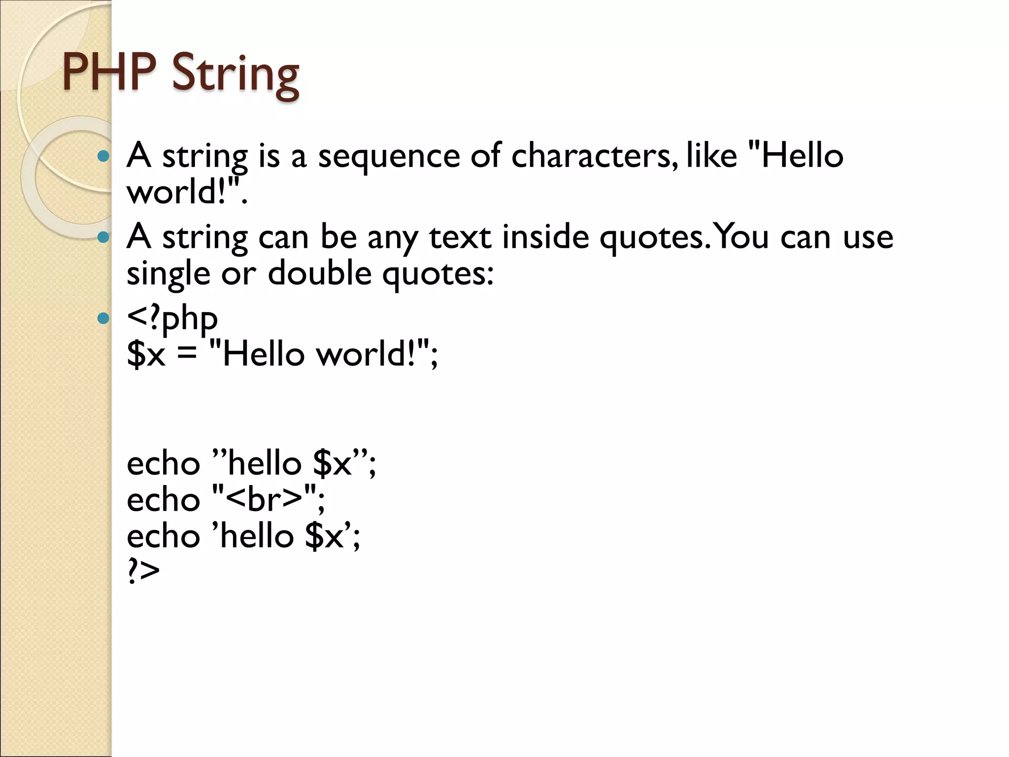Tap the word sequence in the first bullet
[x=389, y=157]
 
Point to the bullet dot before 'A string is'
[x=103, y=157]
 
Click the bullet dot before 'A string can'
[x=103, y=238]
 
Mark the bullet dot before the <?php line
[x=103, y=318]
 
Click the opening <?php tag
[x=172, y=318]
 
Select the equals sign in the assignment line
[x=187, y=354]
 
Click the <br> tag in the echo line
[x=265, y=499]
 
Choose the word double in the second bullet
[x=319, y=274]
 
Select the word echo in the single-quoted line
[x=163, y=536]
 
